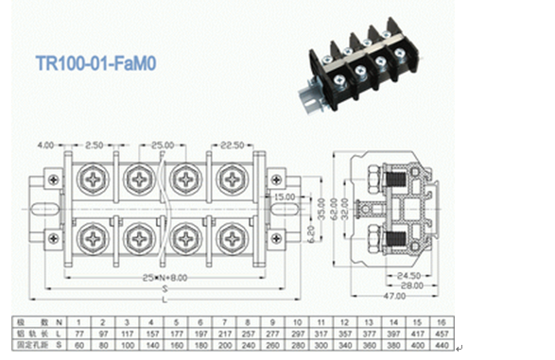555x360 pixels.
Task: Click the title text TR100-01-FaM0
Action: point(96,66)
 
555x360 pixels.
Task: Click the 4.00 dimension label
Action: point(45,146)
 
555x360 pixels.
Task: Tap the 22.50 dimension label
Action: point(233,146)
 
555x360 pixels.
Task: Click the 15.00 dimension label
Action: point(284,197)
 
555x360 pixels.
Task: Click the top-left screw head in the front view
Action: point(97,178)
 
